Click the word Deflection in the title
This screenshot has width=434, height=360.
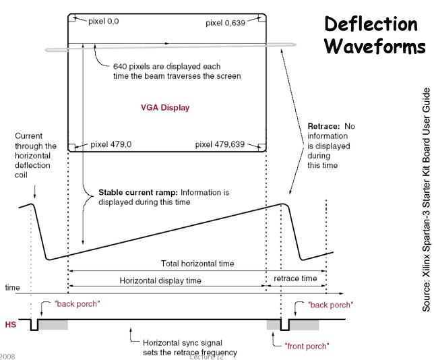coord(371,25)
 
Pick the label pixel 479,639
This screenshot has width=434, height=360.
coord(220,144)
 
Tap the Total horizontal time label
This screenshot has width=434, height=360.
coord(196,263)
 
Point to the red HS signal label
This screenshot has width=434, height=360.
coord(10,324)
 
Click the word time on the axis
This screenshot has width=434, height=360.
coord(12,287)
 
